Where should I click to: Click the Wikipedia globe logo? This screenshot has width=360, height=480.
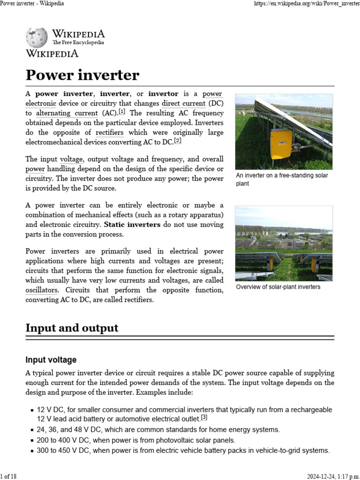click(37, 37)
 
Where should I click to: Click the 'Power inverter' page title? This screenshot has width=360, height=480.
click(82, 75)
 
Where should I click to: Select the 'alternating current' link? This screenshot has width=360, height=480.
click(67, 113)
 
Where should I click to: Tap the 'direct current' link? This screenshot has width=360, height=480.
click(183, 103)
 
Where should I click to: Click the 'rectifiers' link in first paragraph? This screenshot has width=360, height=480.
click(109, 133)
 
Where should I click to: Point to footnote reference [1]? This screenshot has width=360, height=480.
click(122, 112)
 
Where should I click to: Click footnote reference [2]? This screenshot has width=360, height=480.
click(177, 141)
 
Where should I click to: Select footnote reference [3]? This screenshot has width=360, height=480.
click(204, 417)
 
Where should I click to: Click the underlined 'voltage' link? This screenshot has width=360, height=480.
click(71, 159)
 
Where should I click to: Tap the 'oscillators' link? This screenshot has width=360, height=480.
click(42, 290)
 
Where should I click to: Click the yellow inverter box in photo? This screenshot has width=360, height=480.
click(281, 143)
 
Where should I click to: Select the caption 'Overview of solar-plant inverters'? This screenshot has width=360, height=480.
click(278, 287)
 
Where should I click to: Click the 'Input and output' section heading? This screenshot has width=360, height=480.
click(72, 328)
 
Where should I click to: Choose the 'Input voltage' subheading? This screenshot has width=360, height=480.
click(51, 360)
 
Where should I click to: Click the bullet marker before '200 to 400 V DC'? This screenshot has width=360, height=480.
click(31, 441)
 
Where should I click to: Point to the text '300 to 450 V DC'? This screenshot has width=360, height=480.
click(63, 450)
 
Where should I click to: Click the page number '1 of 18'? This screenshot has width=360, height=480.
click(8, 476)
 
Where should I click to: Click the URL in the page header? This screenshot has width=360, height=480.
click(307, 3)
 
